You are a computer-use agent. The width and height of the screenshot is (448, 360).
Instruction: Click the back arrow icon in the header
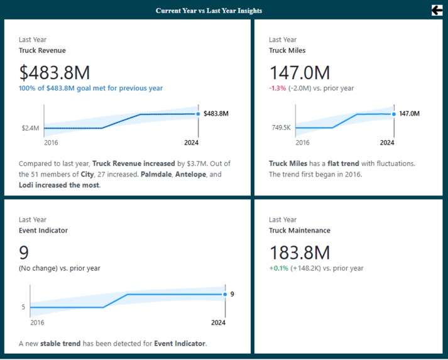pos(437,9)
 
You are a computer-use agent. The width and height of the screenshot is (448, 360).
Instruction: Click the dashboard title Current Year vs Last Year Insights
pos(209,11)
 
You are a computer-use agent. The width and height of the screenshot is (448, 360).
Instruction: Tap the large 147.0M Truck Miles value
pos(299,72)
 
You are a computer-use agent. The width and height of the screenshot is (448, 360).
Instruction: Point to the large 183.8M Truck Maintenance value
pos(299,253)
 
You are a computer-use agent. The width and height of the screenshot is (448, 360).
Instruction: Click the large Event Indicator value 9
pos(24,253)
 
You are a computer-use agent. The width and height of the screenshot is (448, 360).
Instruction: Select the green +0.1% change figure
pos(278,268)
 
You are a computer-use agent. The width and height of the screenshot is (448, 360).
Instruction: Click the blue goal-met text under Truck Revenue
pos(90,88)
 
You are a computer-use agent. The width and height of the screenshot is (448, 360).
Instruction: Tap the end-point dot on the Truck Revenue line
pos(199,114)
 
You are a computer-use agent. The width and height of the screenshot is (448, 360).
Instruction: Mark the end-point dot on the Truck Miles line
pos(394,114)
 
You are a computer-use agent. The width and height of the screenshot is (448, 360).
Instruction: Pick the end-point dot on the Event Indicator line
pos(225,294)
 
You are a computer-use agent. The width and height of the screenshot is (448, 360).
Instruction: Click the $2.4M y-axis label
pos(30,128)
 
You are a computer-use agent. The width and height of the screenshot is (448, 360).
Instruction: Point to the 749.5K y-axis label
pos(281,128)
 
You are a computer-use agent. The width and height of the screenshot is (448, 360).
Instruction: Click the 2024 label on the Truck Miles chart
pos(387,142)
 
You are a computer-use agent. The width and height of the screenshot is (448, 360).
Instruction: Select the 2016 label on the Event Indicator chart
pos(37,322)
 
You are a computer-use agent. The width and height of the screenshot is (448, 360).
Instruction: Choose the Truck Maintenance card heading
pos(299,231)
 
